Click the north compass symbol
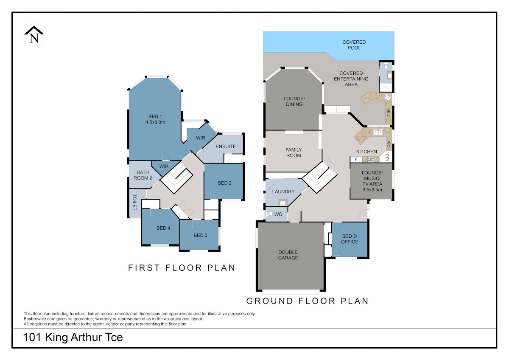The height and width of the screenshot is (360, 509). click(34, 34)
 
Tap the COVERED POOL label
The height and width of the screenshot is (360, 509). click(354, 45)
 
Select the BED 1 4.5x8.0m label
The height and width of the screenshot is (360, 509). click(155, 119)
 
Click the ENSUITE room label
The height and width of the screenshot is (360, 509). click(226, 146)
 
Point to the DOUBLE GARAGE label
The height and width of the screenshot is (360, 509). click(288, 255)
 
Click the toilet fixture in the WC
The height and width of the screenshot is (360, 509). click(269, 214)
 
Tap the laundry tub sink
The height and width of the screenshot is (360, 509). click(282, 202)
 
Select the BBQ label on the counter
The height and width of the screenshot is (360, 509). click(389, 112)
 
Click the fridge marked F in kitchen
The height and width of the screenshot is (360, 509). click(356, 160)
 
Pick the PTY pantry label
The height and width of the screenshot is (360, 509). click(387, 157)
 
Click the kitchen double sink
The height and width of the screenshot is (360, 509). click(378, 132)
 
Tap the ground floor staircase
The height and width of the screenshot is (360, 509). click(319, 177)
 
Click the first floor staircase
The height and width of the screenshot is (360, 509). click(176, 178)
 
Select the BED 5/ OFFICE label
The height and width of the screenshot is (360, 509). click(350, 239)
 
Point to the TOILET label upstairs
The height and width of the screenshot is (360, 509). click(134, 202)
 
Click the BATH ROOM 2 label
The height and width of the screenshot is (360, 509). click(143, 175)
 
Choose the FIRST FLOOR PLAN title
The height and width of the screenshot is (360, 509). click(182, 268)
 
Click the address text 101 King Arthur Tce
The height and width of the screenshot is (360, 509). click(73, 337)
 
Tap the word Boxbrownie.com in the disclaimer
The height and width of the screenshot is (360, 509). click(40, 319)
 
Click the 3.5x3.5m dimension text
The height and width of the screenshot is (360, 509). click(372, 190)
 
